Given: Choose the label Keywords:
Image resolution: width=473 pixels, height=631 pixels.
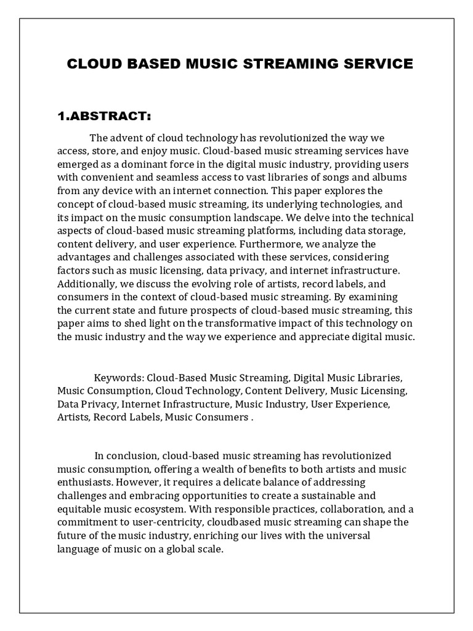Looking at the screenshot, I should (x=119, y=377).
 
